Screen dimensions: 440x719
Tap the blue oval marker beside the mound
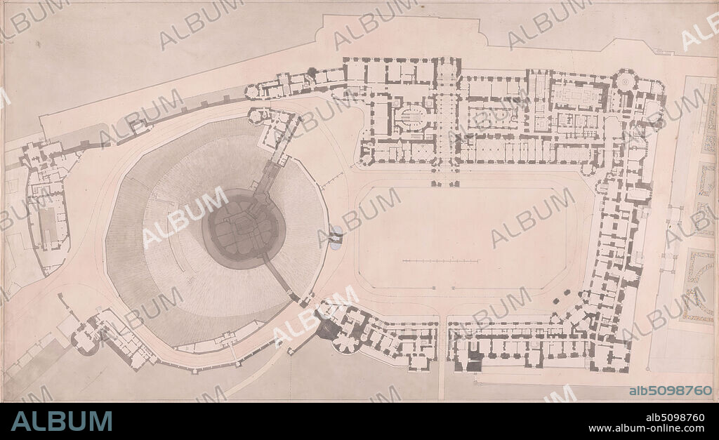(x=336, y=237)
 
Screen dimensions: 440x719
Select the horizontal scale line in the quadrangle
(x=441, y=261)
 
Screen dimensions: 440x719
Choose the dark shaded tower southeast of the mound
(x=328, y=328)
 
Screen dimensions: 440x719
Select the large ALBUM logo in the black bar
(x=62, y=421)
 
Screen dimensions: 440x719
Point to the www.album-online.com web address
(x=646, y=428)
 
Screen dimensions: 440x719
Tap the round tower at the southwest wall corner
(x=84, y=342)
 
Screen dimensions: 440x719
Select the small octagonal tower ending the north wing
(x=252, y=91)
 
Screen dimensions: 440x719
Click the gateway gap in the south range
(x=442, y=344)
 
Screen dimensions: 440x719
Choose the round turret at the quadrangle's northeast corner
(x=588, y=168)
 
